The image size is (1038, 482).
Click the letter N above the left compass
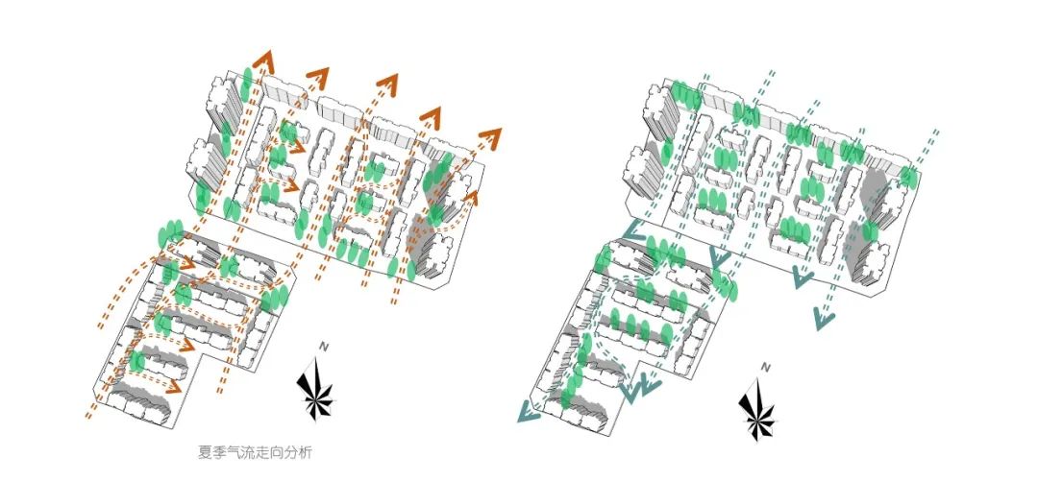point(325,347)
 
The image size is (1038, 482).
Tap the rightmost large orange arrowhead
point(491,136)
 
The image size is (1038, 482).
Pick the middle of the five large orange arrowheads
point(387,84)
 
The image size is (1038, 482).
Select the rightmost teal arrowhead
point(823,316)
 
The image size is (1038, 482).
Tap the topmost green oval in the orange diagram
point(248,79)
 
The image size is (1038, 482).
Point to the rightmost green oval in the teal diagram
point(908,178)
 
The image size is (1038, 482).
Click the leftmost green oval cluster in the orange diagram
point(171,233)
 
